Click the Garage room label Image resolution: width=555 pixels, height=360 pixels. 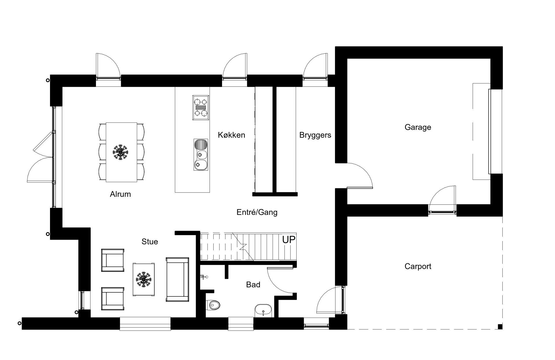pyautogui.click(x=418, y=127)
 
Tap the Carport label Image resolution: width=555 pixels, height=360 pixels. pyautogui.click(x=418, y=266)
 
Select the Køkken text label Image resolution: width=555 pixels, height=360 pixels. pyautogui.click(x=231, y=135)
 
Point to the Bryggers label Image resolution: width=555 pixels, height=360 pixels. pyautogui.click(x=315, y=135)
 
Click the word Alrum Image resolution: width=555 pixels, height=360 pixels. pyautogui.click(x=120, y=194)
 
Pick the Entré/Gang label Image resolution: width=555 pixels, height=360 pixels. pyautogui.click(x=257, y=212)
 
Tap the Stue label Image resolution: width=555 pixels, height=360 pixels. pyautogui.click(x=150, y=241)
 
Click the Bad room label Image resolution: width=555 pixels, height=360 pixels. pyautogui.click(x=253, y=285)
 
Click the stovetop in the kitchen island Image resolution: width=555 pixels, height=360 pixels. pyautogui.click(x=201, y=107)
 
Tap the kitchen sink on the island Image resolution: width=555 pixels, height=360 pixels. pyautogui.click(x=201, y=154)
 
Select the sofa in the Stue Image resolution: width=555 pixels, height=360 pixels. pyautogui.click(x=177, y=279)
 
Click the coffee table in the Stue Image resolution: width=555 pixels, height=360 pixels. pyautogui.click(x=144, y=279)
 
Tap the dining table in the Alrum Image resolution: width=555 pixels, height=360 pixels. pyautogui.click(x=121, y=152)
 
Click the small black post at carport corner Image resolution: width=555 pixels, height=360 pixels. pyautogui.click(x=500, y=327)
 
